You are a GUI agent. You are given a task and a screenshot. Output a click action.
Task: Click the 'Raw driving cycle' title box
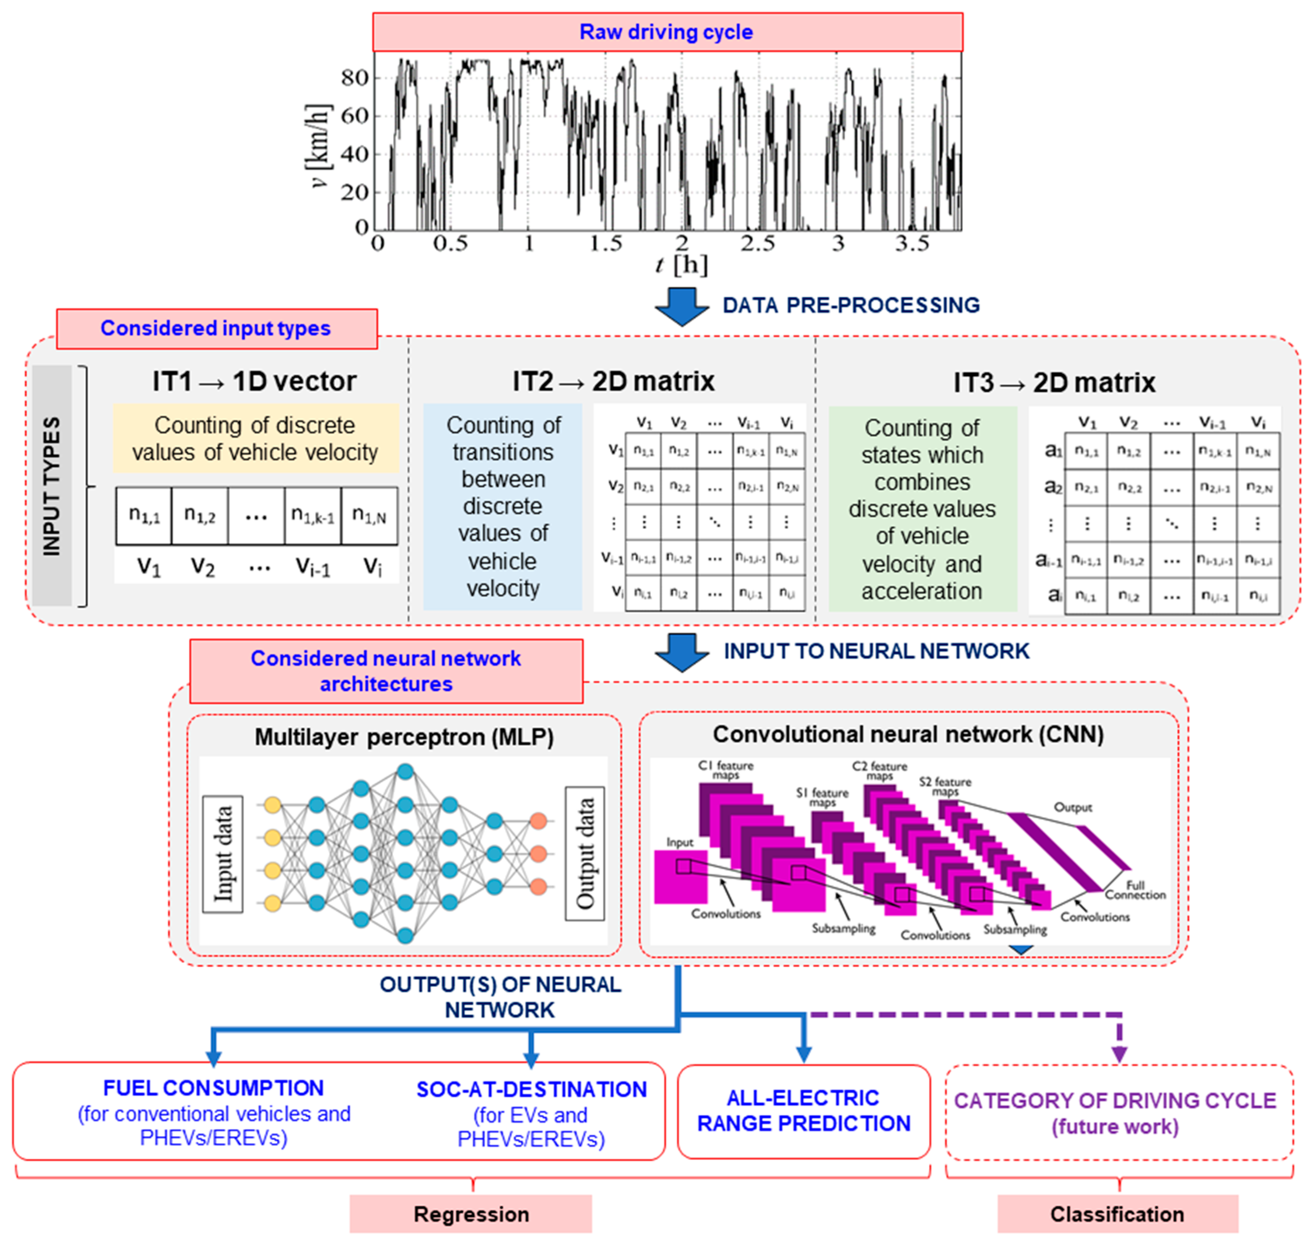coord(667,32)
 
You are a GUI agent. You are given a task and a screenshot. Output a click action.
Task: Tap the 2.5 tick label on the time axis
coord(757,244)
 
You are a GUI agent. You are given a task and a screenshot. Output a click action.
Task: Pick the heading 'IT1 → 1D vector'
coord(255,382)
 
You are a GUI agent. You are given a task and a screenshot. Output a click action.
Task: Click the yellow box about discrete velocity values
coord(255,439)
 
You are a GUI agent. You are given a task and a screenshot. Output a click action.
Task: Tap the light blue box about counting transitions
coord(503,507)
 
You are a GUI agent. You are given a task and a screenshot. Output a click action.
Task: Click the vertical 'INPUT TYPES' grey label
coord(52,486)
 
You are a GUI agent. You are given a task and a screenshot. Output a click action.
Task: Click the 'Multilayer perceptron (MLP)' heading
coord(404,737)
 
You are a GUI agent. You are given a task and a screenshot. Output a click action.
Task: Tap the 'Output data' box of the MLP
coord(585,853)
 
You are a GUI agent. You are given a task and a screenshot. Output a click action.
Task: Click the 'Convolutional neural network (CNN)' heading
coord(908,734)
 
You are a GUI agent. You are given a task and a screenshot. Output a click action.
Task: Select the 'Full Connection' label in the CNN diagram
coord(1135,890)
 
